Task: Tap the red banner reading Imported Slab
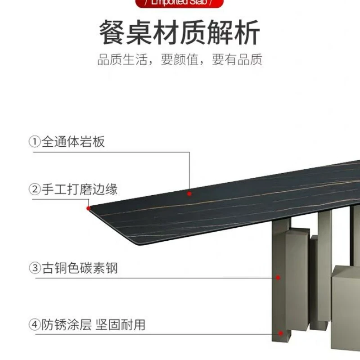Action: (180, 4)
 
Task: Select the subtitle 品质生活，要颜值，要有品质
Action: (180, 60)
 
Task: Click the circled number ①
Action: (35, 142)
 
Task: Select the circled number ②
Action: (35, 189)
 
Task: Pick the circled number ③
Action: (35, 269)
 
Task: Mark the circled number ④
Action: (35, 325)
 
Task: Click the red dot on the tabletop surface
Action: (189, 193)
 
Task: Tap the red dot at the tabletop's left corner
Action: (88, 208)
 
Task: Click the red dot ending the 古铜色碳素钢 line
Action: (279, 278)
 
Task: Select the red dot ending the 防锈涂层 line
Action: (281, 333)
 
